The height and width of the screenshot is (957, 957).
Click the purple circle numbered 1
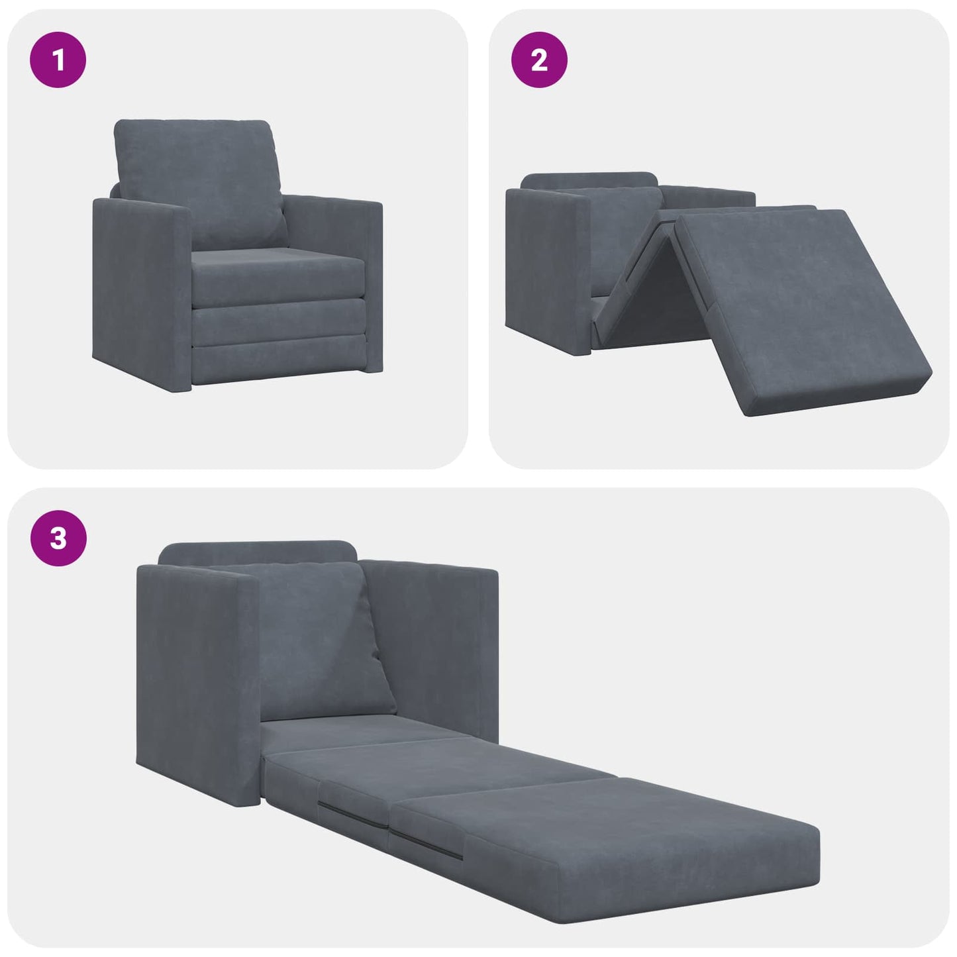coord(58,60)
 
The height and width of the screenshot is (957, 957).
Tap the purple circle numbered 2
coord(539,60)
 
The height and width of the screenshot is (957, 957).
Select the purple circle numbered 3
coord(58,537)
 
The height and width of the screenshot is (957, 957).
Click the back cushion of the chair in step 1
coord(199,179)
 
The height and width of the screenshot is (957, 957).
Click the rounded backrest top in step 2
coord(589,180)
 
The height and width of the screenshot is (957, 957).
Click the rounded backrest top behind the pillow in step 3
coord(258,552)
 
